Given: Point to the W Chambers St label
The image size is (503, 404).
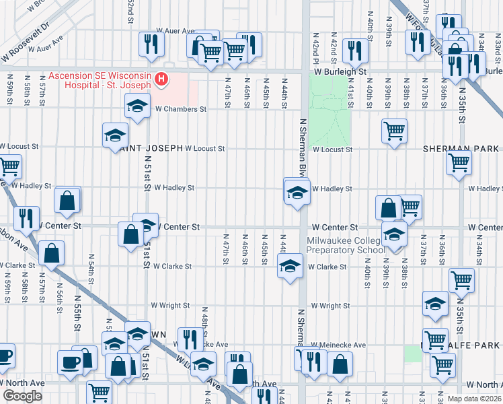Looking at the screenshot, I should (x=181, y=109).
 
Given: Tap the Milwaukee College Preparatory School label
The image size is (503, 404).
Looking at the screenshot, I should (x=346, y=245).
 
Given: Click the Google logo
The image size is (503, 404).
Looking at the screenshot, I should (x=22, y=396).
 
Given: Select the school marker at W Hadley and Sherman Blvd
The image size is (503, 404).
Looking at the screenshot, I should (x=297, y=193).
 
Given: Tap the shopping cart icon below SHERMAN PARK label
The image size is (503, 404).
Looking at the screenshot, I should (x=459, y=162).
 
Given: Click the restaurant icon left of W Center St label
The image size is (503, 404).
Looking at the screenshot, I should (x=26, y=217).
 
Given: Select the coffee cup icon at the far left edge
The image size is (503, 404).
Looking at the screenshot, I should (x=4, y=357).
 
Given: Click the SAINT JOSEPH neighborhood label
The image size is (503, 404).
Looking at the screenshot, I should (x=149, y=148).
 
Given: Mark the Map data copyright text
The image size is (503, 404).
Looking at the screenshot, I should (x=474, y=399).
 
